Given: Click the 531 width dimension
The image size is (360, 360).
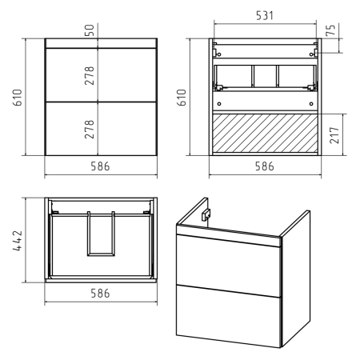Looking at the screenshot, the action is [x=265, y=15].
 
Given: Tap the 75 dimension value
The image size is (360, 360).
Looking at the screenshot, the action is [x=330, y=30].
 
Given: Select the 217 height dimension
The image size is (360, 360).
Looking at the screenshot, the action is [x=334, y=135].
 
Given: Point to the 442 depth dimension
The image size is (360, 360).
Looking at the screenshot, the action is [x=18, y=241].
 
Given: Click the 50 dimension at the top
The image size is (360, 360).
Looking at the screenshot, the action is [x=90, y=30].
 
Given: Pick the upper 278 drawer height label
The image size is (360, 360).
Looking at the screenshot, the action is [x=90, y=75].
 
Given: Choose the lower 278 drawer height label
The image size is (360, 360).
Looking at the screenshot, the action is [x=90, y=130].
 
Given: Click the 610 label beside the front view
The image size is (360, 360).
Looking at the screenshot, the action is [x=18, y=98].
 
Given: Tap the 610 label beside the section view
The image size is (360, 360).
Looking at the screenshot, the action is [x=182, y=98].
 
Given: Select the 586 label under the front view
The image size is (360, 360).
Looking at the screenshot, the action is [x=100, y=166].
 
